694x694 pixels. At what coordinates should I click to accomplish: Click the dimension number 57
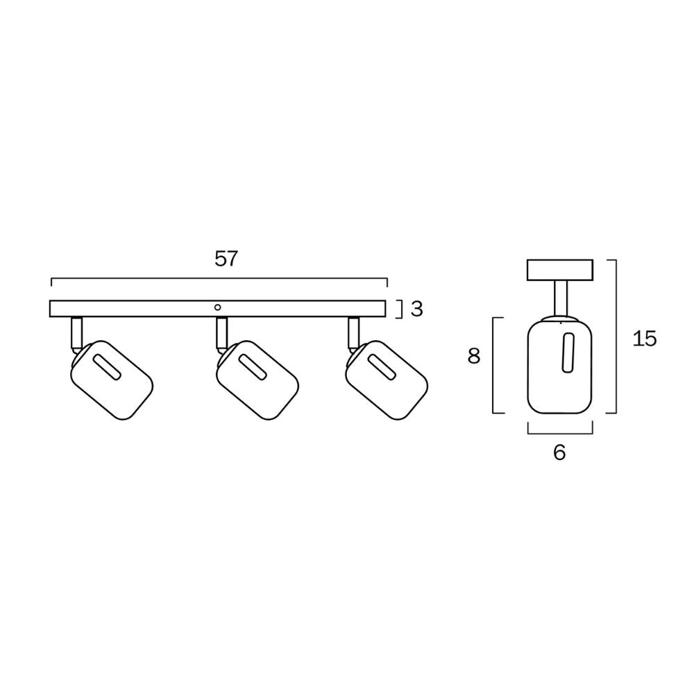(x=226, y=259)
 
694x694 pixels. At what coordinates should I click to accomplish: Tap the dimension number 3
(x=416, y=310)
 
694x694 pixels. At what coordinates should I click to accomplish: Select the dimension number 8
(x=474, y=357)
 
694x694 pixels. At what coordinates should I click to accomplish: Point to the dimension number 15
(x=644, y=339)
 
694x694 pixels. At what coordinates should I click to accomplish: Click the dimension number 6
(x=559, y=452)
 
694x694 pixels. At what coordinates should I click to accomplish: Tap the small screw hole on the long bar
(x=218, y=306)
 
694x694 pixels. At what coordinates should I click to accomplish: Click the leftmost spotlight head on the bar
(x=112, y=380)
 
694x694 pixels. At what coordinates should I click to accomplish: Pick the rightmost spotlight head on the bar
(x=387, y=380)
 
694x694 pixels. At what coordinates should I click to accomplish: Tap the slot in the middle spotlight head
(x=252, y=368)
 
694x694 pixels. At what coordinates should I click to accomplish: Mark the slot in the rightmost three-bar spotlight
(x=382, y=368)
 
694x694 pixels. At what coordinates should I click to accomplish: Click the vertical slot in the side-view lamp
(x=569, y=352)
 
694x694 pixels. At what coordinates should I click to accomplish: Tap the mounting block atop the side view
(x=560, y=270)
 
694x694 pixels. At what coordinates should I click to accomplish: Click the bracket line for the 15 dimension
(x=616, y=337)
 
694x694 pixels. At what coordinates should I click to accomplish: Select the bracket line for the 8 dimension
(x=493, y=365)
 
